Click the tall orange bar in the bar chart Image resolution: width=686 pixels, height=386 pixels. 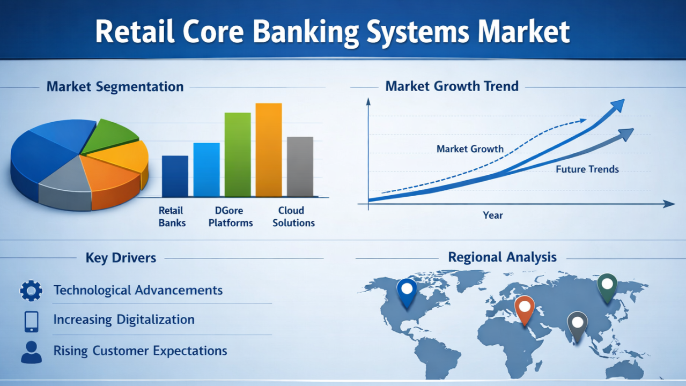pos(269,150)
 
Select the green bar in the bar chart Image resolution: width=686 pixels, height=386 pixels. pos(238,154)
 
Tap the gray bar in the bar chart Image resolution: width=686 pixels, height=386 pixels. pos(300,167)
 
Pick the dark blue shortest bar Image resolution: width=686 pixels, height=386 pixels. pos(175,176)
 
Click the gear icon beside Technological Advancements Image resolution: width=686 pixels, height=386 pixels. pos(31,291)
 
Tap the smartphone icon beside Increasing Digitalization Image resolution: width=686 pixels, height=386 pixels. pos(31,322)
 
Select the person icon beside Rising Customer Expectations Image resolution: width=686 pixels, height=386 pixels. pos(31,352)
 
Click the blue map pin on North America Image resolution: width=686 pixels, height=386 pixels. pos(407,292)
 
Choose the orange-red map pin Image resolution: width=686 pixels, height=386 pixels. pos(525,309)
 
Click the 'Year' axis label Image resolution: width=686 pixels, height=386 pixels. pos(493,215)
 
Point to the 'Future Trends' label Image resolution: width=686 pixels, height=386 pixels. pos(587,169)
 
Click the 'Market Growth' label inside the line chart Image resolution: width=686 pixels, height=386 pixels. pos(470,149)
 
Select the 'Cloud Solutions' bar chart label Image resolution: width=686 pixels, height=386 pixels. pos(293,217)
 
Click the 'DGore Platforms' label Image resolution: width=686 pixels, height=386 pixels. pos(230,217)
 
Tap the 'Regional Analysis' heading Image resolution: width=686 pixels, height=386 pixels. pos(502,257)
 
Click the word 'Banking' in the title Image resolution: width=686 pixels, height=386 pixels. pos(306,32)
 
